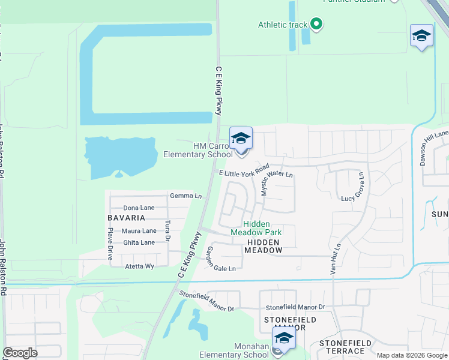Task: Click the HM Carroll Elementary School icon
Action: tap(241, 139)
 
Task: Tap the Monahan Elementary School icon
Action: tap(284, 338)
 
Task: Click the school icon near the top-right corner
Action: tap(421, 35)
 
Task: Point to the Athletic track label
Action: tap(282, 25)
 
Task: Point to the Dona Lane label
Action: tap(139, 208)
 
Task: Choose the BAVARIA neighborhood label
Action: tap(126, 218)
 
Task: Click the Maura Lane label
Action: tap(139, 230)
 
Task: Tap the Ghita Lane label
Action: tap(139, 242)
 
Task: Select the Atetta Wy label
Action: tap(139, 266)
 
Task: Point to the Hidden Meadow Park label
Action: tap(256, 227)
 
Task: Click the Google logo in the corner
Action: tap(20, 353)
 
